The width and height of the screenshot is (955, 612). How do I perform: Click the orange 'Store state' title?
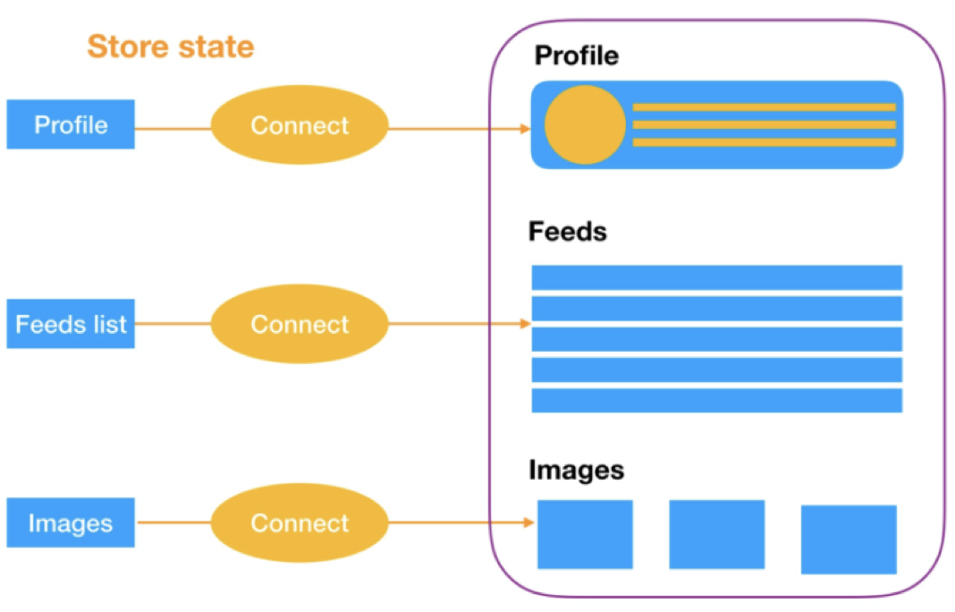(171, 47)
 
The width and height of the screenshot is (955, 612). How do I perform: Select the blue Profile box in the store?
(71, 124)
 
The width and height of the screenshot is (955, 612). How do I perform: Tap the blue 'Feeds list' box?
(71, 324)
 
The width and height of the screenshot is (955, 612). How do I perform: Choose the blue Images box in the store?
(71, 523)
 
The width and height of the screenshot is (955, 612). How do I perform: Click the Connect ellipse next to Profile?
(300, 125)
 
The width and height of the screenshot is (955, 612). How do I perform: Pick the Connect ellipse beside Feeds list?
(300, 324)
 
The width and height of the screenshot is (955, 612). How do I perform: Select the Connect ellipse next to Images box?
(300, 523)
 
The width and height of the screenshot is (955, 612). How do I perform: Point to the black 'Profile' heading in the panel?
(577, 56)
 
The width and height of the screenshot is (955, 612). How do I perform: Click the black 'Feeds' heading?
(568, 232)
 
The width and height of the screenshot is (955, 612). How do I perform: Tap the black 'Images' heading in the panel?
(576, 470)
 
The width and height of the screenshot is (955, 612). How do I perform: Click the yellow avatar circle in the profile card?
(585, 125)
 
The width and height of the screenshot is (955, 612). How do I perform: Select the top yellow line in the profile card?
(765, 107)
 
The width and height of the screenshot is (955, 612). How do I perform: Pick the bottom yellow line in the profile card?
(765, 142)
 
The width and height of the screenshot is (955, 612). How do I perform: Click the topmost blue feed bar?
(717, 277)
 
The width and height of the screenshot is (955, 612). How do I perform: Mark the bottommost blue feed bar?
(717, 401)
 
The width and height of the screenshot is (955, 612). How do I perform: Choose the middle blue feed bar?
(717, 339)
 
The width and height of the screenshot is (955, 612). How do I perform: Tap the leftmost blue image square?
(585, 534)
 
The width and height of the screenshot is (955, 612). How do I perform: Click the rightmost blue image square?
(849, 540)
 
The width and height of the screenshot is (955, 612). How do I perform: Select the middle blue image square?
(717, 534)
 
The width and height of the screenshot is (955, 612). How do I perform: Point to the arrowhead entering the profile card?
(525, 129)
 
